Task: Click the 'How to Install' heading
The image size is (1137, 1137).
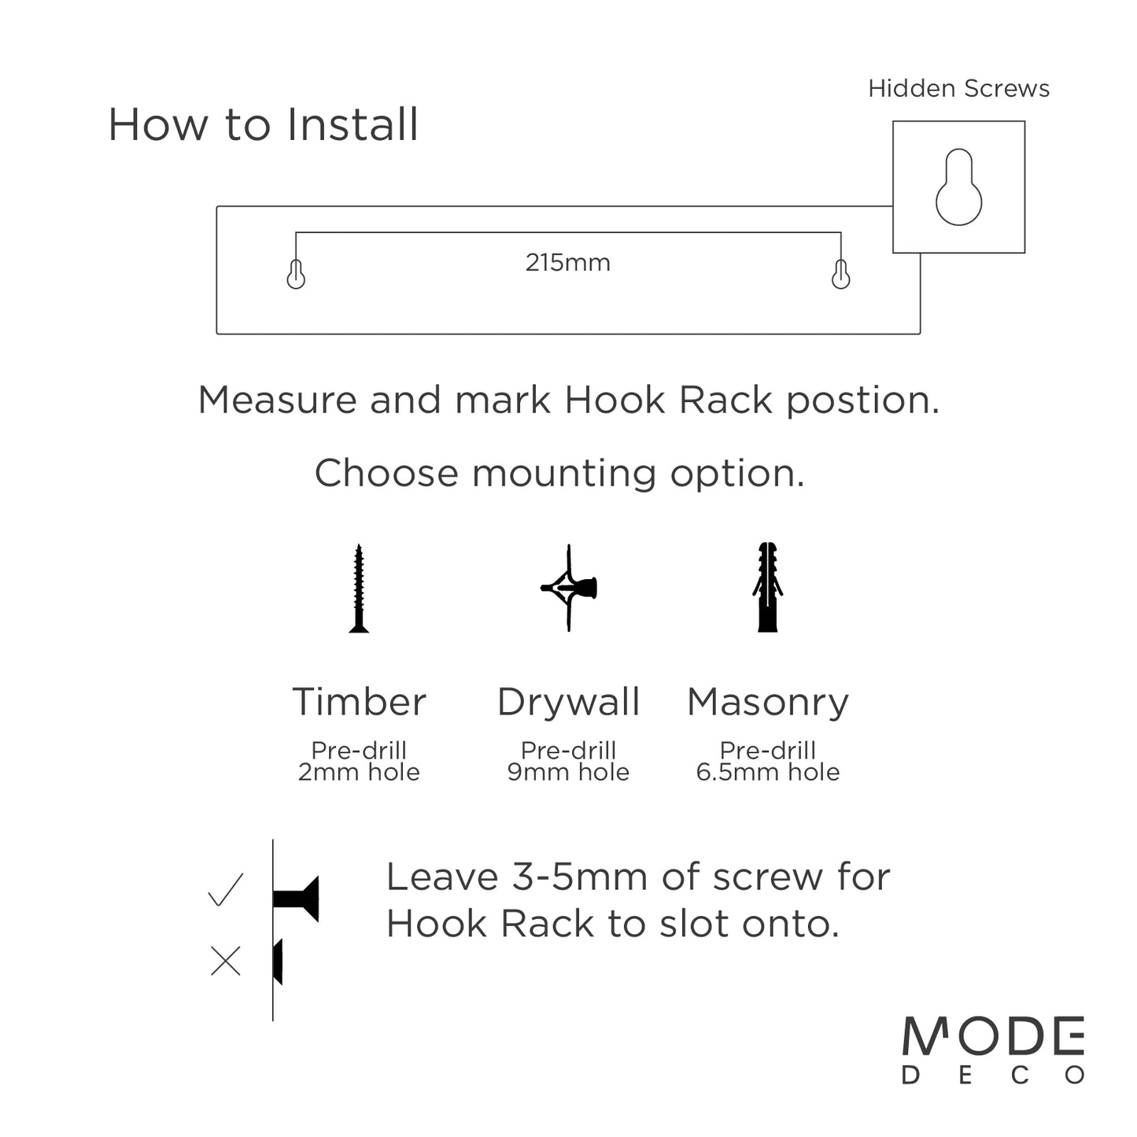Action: pyautogui.click(x=263, y=125)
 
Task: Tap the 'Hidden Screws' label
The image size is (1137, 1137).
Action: pyautogui.click(x=958, y=89)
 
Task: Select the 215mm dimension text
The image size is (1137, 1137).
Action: pyautogui.click(x=567, y=262)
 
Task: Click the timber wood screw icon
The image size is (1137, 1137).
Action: pyautogui.click(x=359, y=588)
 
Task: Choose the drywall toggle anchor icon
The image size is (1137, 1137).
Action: pyautogui.click(x=569, y=588)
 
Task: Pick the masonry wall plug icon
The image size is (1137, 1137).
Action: pyautogui.click(x=768, y=588)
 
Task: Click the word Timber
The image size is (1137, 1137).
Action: pyautogui.click(x=359, y=702)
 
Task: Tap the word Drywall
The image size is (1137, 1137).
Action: pyautogui.click(x=568, y=702)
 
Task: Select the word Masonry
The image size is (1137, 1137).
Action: pyautogui.click(x=768, y=702)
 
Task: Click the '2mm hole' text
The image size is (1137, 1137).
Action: pyautogui.click(x=359, y=772)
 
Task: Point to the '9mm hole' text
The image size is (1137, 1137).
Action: pyautogui.click(x=568, y=772)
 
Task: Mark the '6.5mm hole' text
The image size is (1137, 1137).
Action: pyautogui.click(x=768, y=772)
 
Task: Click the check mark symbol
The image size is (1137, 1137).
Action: pyautogui.click(x=226, y=890)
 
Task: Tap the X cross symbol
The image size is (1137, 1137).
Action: pyautogui.click(x=226, y=961)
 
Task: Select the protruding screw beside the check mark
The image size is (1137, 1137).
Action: pyautogui.click(x=297, y=898)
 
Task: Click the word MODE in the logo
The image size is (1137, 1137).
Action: pyautogui.click(x=993, y=1037)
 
